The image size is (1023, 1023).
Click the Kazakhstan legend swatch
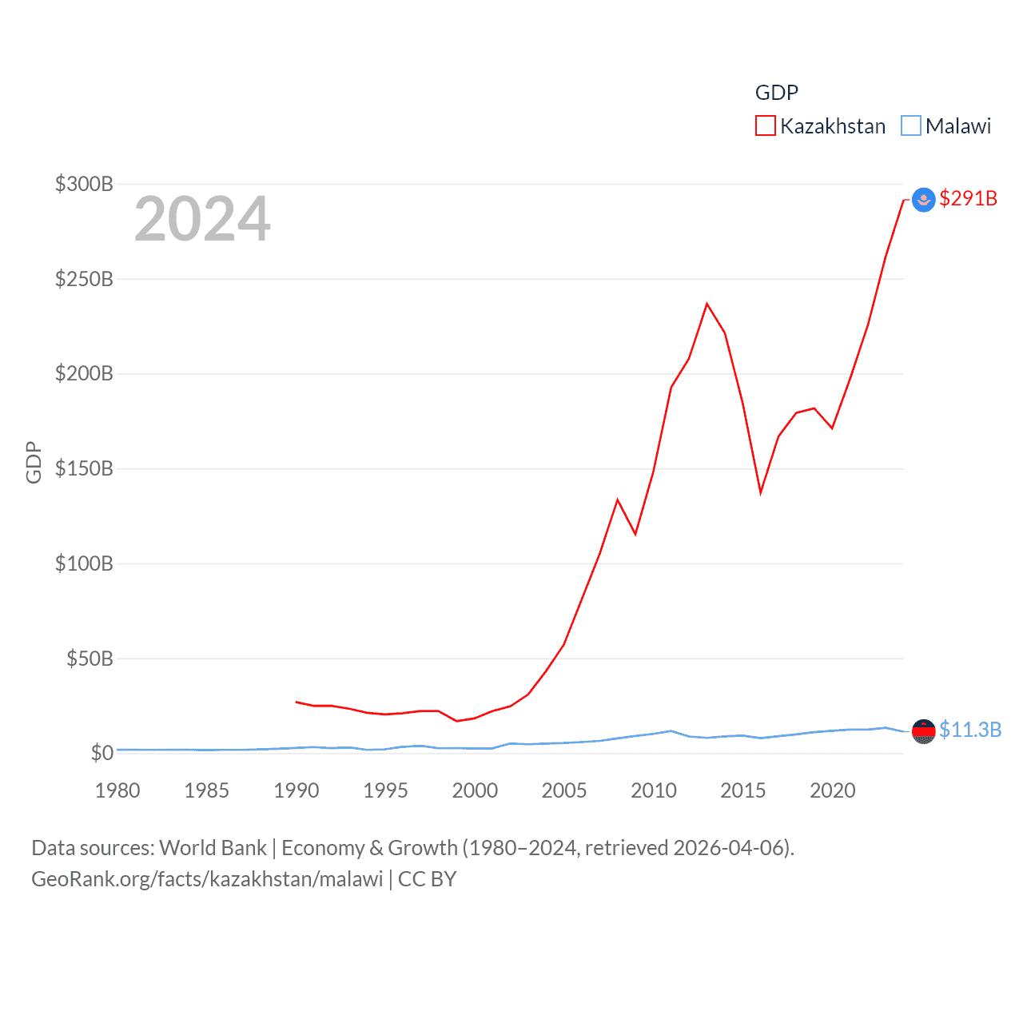pos(765,126)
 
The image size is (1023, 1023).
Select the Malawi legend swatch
pos(910,126)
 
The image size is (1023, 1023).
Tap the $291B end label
pos(968,198)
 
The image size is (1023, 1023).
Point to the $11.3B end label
pos(969,730)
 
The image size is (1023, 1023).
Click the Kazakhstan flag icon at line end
pos(923,200)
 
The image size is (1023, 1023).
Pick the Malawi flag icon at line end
pos(923,731)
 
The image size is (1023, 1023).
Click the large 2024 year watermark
pos(202,219)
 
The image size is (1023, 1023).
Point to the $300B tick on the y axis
pos(84,184)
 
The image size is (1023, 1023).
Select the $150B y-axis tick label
pos(84,468)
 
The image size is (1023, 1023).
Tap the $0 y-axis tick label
pos(102,753)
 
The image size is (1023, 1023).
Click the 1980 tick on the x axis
pos(117,790)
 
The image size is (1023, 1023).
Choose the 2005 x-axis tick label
pos(564,790)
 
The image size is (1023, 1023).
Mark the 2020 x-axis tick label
pos(833,790)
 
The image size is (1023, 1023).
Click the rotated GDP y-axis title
pos(34,462)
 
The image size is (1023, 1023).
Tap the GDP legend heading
pos(776,93)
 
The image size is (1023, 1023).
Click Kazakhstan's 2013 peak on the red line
pos(707,304)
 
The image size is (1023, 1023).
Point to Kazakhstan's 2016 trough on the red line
pos(761,492)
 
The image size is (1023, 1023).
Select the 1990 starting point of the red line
pos(297,702)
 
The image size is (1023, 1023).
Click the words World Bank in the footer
pos(213,848)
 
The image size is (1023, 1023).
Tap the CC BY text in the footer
pos(427,879)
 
